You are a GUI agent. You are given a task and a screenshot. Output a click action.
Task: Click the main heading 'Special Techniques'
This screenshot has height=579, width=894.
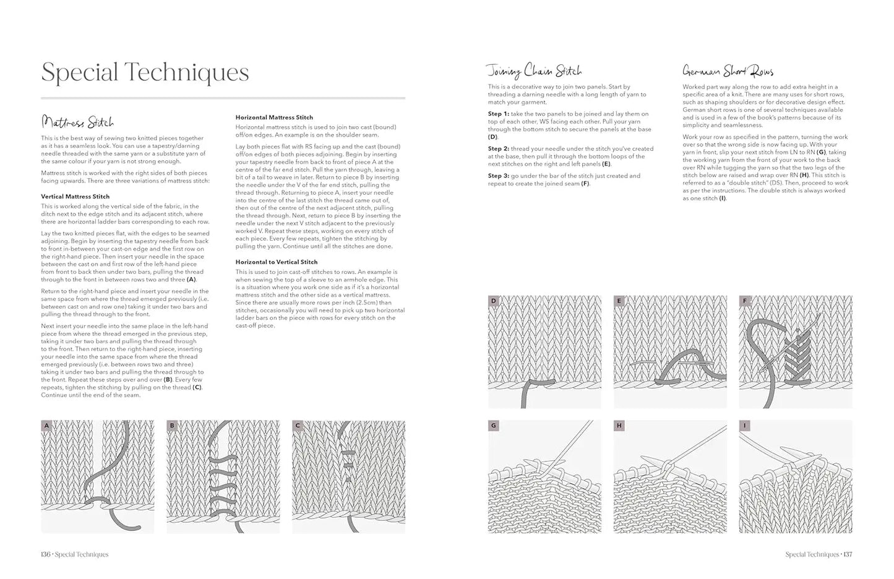coord(145,73)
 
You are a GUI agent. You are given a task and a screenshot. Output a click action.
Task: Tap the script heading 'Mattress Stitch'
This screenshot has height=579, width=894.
coord(77,122)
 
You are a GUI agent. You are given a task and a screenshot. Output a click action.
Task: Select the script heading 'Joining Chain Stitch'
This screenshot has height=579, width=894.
coord(534,71)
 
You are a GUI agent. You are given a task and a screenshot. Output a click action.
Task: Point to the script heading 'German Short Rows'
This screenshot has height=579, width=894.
coord(728,71)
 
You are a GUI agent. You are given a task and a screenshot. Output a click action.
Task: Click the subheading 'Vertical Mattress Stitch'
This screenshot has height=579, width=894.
coord(75,197)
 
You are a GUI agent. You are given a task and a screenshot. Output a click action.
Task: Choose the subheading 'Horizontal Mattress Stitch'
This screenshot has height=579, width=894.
coord(274,118)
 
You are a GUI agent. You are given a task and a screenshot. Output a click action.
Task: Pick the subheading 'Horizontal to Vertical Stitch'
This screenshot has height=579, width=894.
coord(277,262)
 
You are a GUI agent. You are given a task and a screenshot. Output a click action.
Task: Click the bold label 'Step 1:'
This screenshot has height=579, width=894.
coord(499,114)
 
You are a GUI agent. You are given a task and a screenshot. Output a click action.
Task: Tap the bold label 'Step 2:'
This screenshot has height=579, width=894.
coord(499,149)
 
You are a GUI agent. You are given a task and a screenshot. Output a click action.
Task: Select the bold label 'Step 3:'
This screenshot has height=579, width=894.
coord(499,176)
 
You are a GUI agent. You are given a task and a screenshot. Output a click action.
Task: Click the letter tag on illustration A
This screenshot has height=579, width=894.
coord(46,426)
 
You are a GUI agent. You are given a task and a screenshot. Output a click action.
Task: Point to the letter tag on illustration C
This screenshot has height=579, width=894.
coord(298,426)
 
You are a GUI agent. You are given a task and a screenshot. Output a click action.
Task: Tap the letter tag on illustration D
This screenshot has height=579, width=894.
coord(493,301)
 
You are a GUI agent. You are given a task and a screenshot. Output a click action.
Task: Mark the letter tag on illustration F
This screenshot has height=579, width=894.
coord(744,301)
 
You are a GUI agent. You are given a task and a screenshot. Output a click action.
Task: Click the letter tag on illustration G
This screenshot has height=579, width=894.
coord(493,426)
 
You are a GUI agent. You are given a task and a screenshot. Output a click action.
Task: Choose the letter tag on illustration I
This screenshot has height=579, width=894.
coord(744,426)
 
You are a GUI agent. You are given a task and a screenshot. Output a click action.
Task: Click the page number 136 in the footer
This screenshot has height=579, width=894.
coord(45,554)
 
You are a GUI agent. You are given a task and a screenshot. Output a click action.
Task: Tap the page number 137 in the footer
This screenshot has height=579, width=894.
coord(847,554)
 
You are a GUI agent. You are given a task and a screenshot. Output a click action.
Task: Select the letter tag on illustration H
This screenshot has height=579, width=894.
coord(619,426)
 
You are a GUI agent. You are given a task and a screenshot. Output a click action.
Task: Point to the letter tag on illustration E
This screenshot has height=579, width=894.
coord(619,301)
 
